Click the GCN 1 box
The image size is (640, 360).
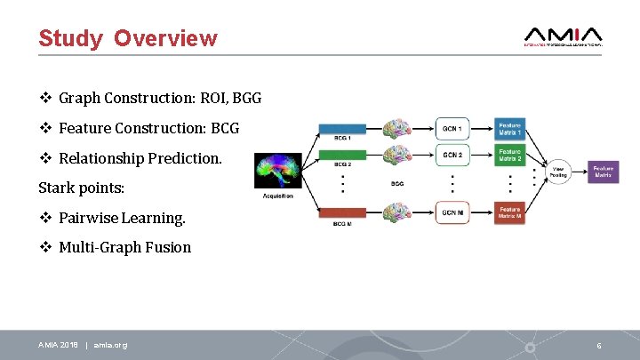point(452,128)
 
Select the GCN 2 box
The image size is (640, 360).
point(452,155)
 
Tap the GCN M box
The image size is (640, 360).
point(452,213)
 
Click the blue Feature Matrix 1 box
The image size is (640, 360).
point(510,128)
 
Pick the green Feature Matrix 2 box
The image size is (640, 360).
point(510,155)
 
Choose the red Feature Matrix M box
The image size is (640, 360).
point(510,213)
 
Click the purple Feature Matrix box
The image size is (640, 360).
point(603,172)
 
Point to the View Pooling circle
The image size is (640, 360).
point(558,172)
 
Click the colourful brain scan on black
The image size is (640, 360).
point(278,172)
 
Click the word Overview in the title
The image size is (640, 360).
point(165,38)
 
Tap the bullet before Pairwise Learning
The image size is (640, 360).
point(44,218)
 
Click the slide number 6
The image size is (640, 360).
point(598,345)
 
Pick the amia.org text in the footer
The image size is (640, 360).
point(110,345)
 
